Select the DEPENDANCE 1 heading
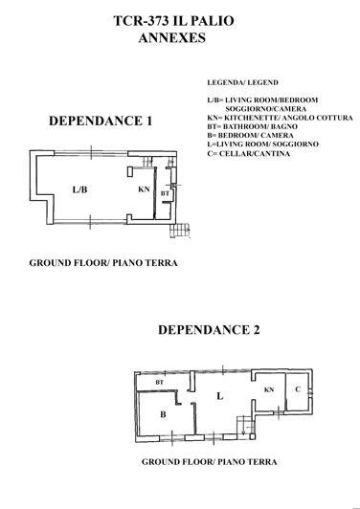[x=101, y=122]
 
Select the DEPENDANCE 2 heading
[x=209, y=331]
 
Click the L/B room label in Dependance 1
[x=80, y=188]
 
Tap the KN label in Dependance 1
[x=144, y=189]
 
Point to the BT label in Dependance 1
[x=165, y=194]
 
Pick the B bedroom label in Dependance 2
[x=164, y=413]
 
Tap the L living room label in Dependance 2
[x=219, y=394]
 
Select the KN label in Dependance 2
[x=269, y=389]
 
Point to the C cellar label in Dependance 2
[x=299, y=389]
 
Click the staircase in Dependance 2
[x=244, y=429]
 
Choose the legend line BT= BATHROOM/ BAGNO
[x=251, y=137]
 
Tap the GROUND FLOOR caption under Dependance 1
[x=103, y=261]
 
